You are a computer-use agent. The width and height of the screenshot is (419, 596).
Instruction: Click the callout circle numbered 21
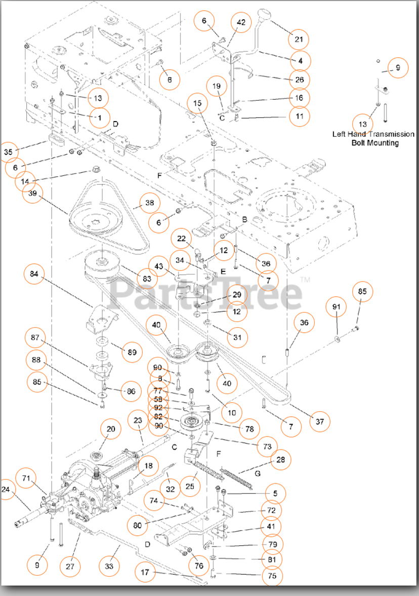pos(299,39)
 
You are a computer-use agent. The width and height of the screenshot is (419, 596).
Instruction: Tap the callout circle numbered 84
pos(34,274)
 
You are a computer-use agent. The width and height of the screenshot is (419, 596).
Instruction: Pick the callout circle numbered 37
pos(320,421)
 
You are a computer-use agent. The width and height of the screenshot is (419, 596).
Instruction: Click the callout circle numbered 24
pos(6,490)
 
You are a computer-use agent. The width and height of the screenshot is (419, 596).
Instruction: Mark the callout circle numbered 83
pos(147,279)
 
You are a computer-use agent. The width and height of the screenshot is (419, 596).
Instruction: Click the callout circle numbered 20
pos(111,429)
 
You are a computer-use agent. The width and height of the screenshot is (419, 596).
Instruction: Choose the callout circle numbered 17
pos(145,573)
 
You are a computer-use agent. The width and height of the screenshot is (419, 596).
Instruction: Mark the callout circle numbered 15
pos(197,103)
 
